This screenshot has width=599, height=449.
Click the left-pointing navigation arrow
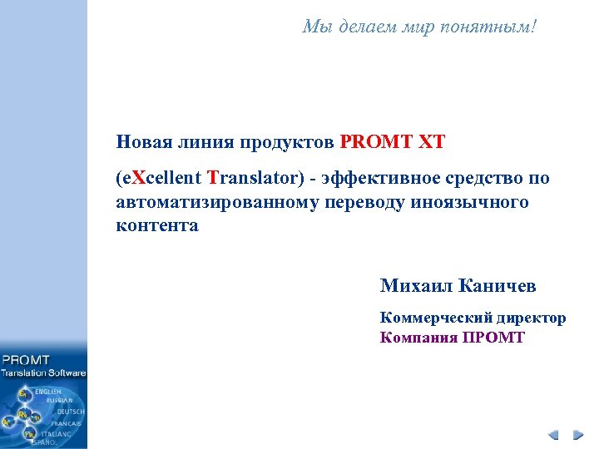(555, 435)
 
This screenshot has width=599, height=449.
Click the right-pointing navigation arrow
(577, 435)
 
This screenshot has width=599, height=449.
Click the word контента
(157, 225)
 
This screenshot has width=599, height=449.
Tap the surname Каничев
(498, 286)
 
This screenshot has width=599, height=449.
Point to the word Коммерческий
(435, 318)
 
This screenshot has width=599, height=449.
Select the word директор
(531, 318)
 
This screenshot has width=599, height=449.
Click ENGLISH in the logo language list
(47, 391)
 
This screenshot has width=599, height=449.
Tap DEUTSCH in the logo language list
(71, 412)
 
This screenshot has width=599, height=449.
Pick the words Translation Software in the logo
(44, 373)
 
